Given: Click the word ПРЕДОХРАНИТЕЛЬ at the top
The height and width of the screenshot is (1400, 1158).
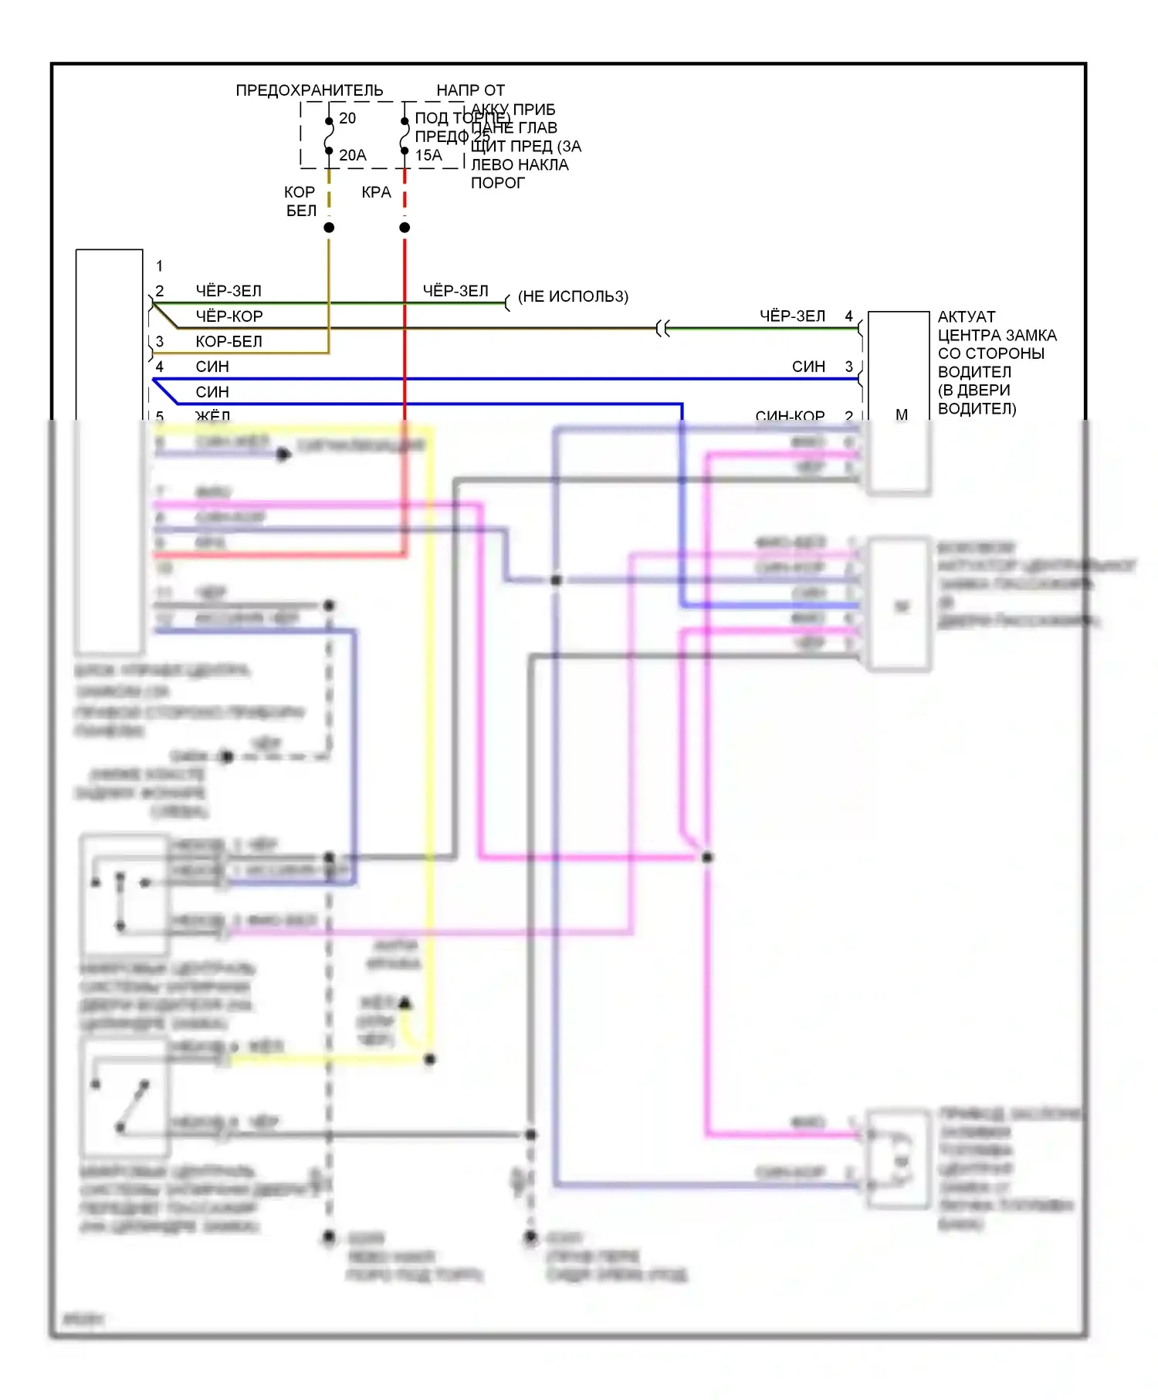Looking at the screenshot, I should click(x=309, y=90).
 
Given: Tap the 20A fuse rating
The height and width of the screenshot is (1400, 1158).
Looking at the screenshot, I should click(x=353, y=155).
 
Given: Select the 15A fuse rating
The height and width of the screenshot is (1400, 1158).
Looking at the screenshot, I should click(x=428, y=155).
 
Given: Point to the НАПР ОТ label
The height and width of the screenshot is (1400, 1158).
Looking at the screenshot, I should click(x=470, y=90).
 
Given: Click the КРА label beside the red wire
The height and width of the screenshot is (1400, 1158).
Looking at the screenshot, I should click(x=376, y=192).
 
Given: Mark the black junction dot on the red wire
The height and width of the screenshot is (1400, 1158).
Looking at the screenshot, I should click(x=405, y=228).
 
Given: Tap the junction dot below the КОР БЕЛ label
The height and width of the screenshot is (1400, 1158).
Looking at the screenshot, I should click(x=329, y=228).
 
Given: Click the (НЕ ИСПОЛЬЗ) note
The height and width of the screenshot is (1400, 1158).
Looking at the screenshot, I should click(x=573, y=296).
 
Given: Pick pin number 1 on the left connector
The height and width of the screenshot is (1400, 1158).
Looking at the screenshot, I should click(x=160, y=266).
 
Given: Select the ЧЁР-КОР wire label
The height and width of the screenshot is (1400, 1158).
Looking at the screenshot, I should click(x=229, y=316).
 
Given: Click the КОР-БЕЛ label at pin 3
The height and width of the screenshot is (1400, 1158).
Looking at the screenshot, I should click(x=229, y=341).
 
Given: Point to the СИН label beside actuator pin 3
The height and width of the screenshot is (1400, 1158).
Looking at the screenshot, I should click(x=808, y=367).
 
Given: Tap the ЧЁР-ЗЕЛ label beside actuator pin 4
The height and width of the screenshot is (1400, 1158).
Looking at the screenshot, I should click(x=792, y=316).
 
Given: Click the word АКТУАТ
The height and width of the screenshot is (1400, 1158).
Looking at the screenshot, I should click(x=967, y=317).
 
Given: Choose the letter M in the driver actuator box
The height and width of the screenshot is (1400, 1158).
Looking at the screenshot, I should click(x=901, y=414).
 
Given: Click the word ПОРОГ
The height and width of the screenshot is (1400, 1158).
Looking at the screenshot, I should click(x=498, y=183).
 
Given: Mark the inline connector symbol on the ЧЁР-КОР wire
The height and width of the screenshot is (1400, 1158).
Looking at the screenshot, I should click(x=662, y=329).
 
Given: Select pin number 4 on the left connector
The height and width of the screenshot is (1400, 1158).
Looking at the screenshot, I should click(x=160, y=367).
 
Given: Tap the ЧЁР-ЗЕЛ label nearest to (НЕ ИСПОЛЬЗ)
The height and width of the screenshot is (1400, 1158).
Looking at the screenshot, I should click(x=455, y=291).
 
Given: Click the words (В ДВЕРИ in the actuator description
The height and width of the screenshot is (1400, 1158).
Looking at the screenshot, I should click(x=973, y=390).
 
